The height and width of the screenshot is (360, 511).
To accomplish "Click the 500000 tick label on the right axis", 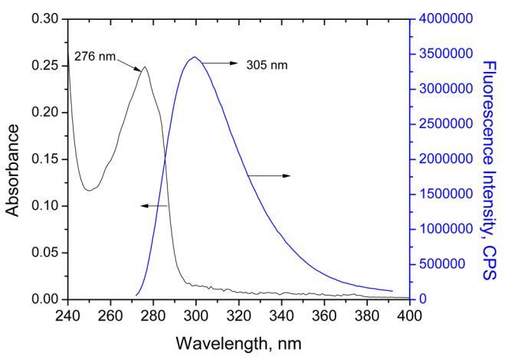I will tap(442, 264).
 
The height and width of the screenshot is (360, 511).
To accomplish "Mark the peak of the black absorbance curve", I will tap(144, 67).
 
